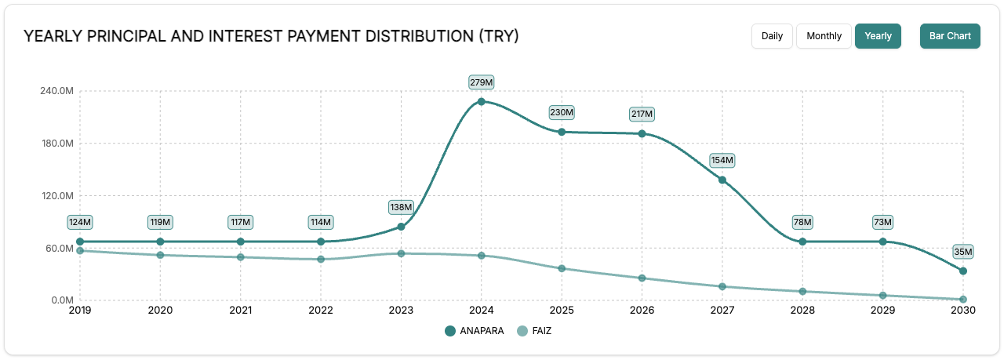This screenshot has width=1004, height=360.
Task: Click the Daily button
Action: tap(772, 36)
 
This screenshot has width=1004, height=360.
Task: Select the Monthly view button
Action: tap(824, 36)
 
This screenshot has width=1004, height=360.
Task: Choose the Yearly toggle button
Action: tap(878, 36)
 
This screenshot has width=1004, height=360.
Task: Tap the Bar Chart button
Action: tap(950, 36)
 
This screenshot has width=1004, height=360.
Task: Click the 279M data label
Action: tap(481, 82)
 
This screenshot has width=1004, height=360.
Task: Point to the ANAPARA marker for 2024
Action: tap(482, 101)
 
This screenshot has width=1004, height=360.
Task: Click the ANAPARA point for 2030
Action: tap(963, 271)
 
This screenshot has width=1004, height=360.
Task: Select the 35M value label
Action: tap(962, 252)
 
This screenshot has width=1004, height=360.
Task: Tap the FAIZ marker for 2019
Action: tap(80, 250)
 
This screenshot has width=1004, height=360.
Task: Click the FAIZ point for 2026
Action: tap(642, 278)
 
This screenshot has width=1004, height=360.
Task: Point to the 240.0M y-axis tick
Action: tap(56, 91)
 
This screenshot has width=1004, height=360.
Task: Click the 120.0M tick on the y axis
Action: tap(56, 196)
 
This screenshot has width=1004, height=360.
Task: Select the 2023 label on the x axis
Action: tap(401, 311)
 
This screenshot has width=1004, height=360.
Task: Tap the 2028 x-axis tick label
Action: tap(802, 311)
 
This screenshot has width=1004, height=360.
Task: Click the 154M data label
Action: tap(722, 161)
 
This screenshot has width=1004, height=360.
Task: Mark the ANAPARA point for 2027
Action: tap(722, 180)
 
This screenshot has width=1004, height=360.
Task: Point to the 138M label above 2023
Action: tap(401, 207)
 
